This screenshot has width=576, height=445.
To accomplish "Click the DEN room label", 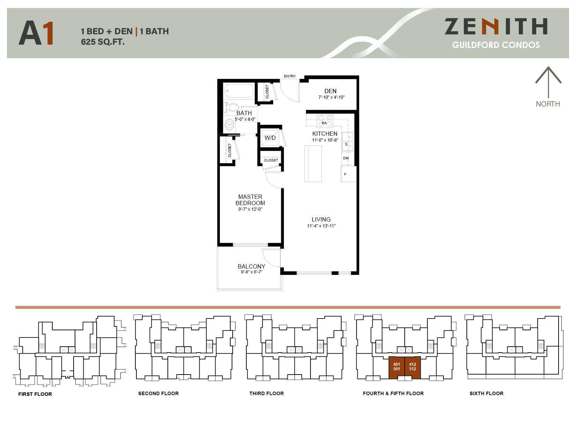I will (x=330, y=91).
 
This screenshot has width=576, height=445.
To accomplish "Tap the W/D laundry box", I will (x=270, y=138).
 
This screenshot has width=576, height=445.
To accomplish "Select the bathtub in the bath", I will (x=239, y=91).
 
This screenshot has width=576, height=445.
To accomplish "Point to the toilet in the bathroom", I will (x=231, y=107).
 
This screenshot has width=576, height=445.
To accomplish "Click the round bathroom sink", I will (x=229, y=124).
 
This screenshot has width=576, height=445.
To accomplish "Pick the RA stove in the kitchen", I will (x=324, y=121).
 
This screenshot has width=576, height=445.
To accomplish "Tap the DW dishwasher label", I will (x=346, y=158).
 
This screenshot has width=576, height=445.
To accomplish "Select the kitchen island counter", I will (x=313, y=164).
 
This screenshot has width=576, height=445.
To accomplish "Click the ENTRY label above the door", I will (x=290, y=76).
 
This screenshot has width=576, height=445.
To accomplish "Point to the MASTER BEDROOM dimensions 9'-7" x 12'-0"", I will (x=250, y=209).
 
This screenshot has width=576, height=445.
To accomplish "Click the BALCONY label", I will (x=251, y=266).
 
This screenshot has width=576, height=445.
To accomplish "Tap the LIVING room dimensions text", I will (x=321, y=226).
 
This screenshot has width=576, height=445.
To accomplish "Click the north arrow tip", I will (x=548, y=67).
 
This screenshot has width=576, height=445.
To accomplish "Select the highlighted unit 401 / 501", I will (x=397, y=367).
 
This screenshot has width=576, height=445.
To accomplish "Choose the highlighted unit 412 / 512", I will (x=413, y=367).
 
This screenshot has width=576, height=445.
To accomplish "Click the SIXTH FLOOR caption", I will (x=486, y=393).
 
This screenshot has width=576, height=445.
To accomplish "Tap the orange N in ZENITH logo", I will (x=490, y=27).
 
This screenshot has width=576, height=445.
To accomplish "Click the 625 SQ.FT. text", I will (x=103, y=42).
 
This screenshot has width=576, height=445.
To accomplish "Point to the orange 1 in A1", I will (x=48, y=33).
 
